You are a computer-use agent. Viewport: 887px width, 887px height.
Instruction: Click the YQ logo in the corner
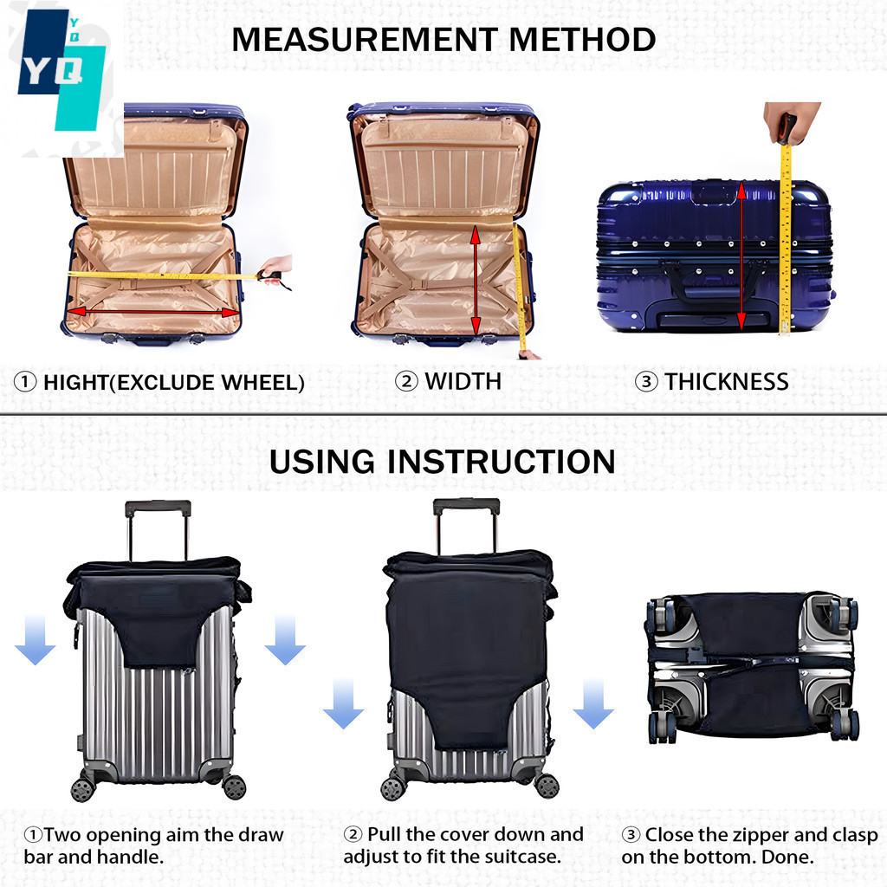click(x=62, y=71)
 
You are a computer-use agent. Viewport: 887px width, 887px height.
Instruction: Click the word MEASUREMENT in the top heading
click(x=365, y=40)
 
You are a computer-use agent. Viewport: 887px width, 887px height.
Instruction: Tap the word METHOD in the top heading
click(x=582, y=40)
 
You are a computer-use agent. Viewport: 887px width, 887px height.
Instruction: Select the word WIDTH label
click(x=463, y=381)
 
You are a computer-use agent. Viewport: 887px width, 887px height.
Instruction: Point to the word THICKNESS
click(x=727, y=382)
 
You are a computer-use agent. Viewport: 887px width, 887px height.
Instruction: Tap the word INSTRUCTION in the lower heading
click(x=501, y=462)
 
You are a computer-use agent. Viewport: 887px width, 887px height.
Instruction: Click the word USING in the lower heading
click(x=321, y=462)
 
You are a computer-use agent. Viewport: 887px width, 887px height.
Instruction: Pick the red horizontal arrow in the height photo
click(x=153, y=312)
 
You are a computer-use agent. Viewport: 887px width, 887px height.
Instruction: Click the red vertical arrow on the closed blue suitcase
click(x=741, y=256)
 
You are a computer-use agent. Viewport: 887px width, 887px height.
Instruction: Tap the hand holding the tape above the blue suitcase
click(x=790, y=123)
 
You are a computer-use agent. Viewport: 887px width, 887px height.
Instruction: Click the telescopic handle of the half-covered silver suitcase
click(x=158, y=529)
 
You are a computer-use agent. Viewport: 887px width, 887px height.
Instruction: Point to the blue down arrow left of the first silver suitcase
click(x=35, y=640)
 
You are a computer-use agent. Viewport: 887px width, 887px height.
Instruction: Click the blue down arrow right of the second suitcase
click(x=592, y=703)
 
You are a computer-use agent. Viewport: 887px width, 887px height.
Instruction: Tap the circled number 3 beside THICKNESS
click(x=646, y=382)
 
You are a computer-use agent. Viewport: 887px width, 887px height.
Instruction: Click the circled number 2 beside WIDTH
click(x=406, y=381)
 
